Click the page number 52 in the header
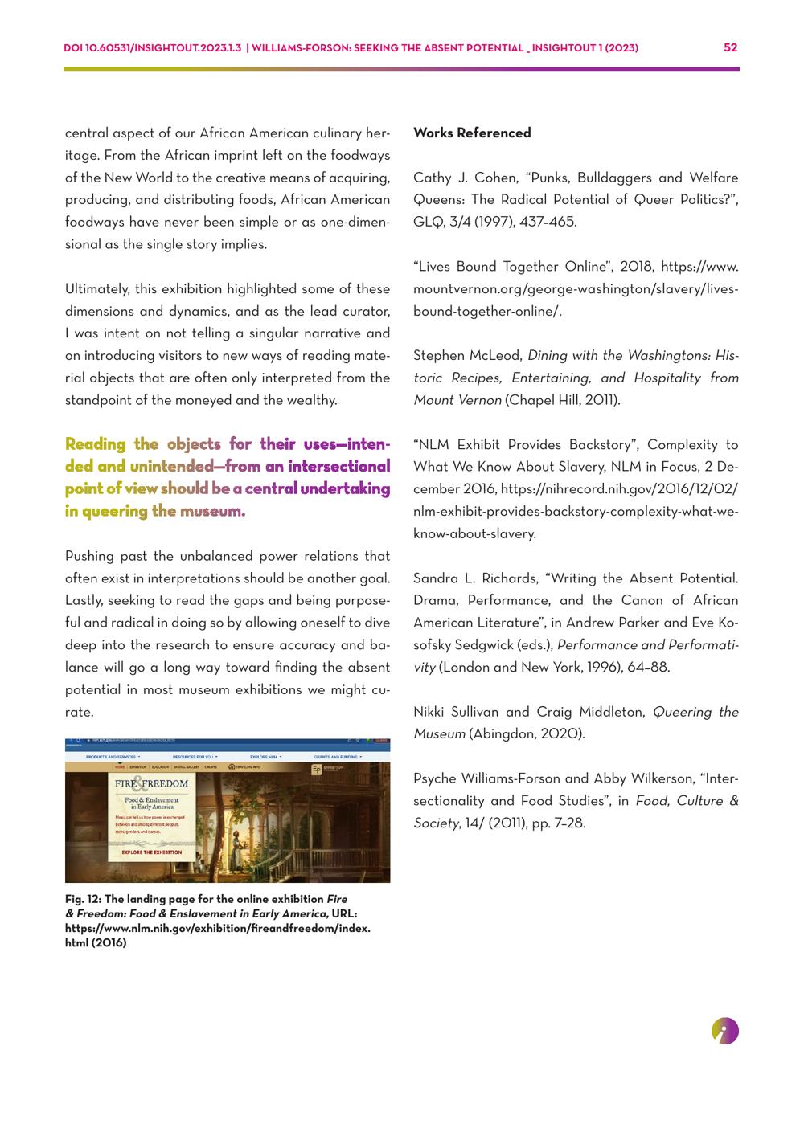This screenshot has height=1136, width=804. coord(730,47)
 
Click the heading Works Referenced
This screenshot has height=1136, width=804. coord(472,133)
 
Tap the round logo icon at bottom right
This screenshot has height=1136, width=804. coord(725,1031)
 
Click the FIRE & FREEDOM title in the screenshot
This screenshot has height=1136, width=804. coord(151,783)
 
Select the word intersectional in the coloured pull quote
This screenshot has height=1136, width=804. coord(338,466)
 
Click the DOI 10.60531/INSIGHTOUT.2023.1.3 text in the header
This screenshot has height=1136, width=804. coord(152,48)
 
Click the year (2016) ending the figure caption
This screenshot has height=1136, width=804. coord(108,942)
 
